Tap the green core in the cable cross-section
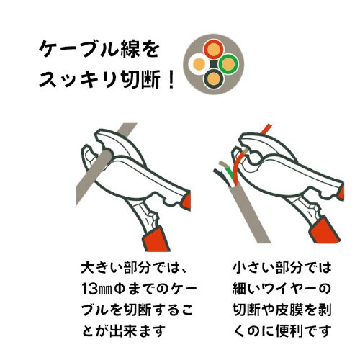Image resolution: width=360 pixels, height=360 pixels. [x=230, y=64]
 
